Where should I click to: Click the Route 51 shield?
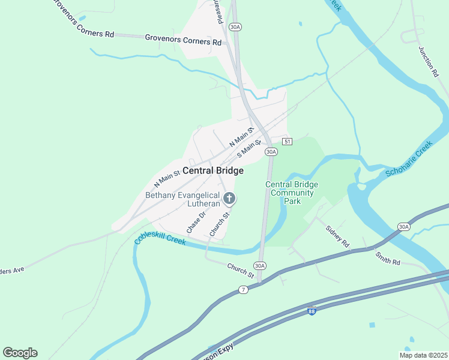point(288,142)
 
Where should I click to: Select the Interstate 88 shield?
point(311,311)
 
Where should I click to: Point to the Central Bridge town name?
point(213,171)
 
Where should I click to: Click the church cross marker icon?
point(229,198)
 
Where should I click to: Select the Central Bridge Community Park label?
point(292,193)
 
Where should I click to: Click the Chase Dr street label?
point(196,221)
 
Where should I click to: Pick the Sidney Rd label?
point(337,237)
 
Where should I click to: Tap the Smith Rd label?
point(388,258)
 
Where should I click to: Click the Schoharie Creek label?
point(409,160)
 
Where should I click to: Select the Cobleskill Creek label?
point(160,230)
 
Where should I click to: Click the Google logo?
point(20,353)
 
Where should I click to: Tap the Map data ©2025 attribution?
point(424,355)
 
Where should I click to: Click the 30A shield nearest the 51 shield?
point(271,152)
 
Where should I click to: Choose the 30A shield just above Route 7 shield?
point(259,265)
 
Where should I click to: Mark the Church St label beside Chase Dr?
point(220,224)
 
